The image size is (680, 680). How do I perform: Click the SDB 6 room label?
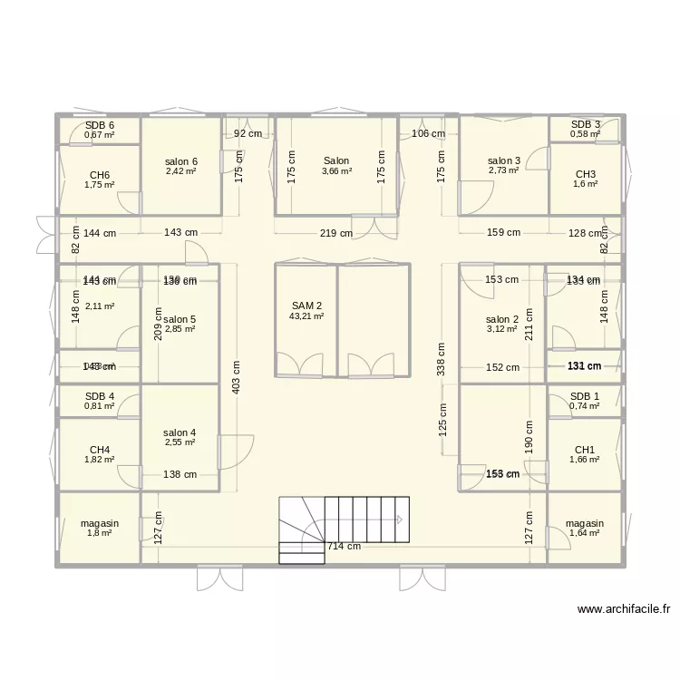pyautogui.click(x=100, y=126)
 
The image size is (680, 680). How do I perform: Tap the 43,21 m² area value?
pyautogui.click(x=306, y=316)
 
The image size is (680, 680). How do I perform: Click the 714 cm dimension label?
pyautogui.click(x=344, y=546)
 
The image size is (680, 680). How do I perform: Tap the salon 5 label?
pyautogui.click(x=180, y=319)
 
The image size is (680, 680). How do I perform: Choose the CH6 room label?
pyautogui.click(x=100, y=175)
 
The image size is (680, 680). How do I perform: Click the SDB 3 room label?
pyautogui.click(x=586, y=124)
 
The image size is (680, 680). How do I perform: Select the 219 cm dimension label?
pyautogui.click(x=335, y=233)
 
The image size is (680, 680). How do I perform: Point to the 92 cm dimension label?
pyautogui.click(x=248, y=133)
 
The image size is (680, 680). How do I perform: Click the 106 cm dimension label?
pyautogui.click(x=428, y=133)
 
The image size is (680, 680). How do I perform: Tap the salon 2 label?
pyautogui.click(x=502, y=319)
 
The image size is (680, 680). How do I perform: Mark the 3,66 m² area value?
pyautogui.click(x=335, y=170)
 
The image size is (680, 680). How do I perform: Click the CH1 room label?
pyautogui.click(x=585, y=450)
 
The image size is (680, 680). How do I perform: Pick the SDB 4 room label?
pyautogui.click(x=100, y=396)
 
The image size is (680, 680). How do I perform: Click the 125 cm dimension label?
pyautogui.click(x=443, y=419)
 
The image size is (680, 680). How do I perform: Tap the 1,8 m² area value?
pyautogui.click(x=100, y=533)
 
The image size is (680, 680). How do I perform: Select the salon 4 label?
pyautogui.click(x=180, y=432)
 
